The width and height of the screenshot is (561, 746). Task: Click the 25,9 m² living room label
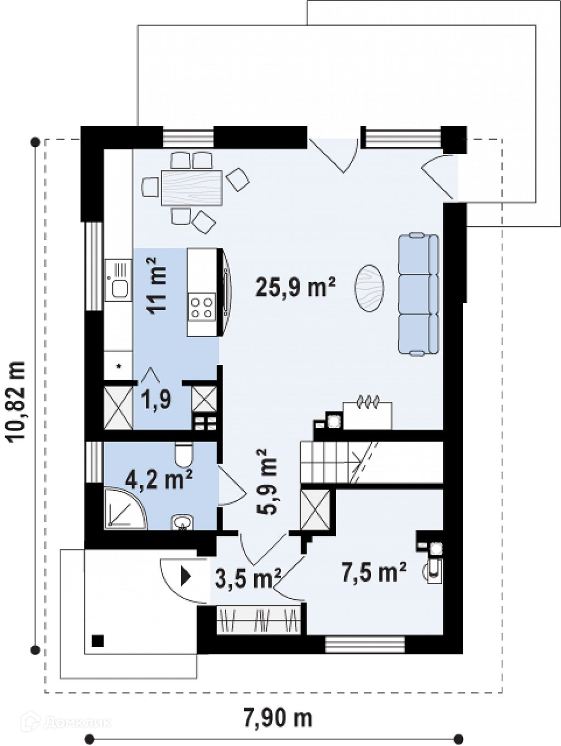point(295,287)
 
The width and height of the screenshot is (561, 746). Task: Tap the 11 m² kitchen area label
point(156,286)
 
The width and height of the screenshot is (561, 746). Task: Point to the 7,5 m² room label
point(374,572)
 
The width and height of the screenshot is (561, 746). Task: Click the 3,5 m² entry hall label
point(248,578)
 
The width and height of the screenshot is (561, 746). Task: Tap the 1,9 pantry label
point(156,400)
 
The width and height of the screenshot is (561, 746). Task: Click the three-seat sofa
point(419,294)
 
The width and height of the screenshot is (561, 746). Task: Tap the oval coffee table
point(370,288)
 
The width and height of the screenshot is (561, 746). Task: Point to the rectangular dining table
point(192,188)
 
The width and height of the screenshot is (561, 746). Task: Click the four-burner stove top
point(203,308)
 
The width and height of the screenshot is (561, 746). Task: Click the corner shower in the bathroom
point(125,509)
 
